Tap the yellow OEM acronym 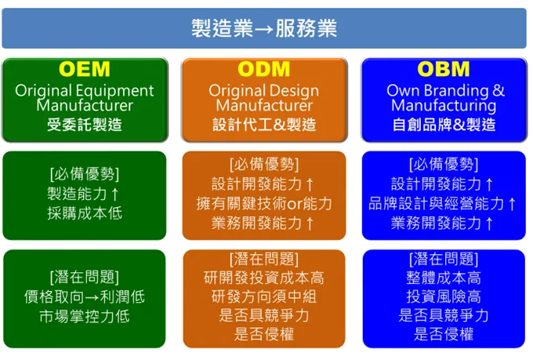click(85, 69)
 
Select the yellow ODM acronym click(264, 69)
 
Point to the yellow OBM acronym click(444, 69)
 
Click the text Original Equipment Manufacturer click(85, 98)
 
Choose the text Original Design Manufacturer click(264, 98)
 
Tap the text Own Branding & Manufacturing click(444, 98)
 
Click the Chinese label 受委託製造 click(85, 124)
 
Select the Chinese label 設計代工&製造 click(264, 124)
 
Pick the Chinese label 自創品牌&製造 click(444, 124)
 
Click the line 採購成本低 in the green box click(85, 213)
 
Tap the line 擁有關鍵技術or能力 click(264, 204)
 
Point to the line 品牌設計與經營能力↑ click(444, 204)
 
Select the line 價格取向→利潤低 click(85, 297)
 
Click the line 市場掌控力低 click(85, 317)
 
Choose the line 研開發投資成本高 click(264, 278)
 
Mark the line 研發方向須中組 click(264, 297)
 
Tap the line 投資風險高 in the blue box click(444, 297)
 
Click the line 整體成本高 click(444, 278)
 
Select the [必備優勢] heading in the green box click(85, 173)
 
